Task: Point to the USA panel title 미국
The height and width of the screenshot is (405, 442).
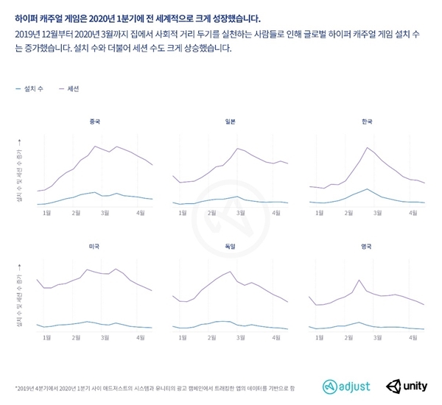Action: point(92,244)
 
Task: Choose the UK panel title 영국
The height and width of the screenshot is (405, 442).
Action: point(368,244)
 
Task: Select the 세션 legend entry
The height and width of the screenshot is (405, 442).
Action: point(70,88)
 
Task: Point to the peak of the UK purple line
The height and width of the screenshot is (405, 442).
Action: point(359,281)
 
